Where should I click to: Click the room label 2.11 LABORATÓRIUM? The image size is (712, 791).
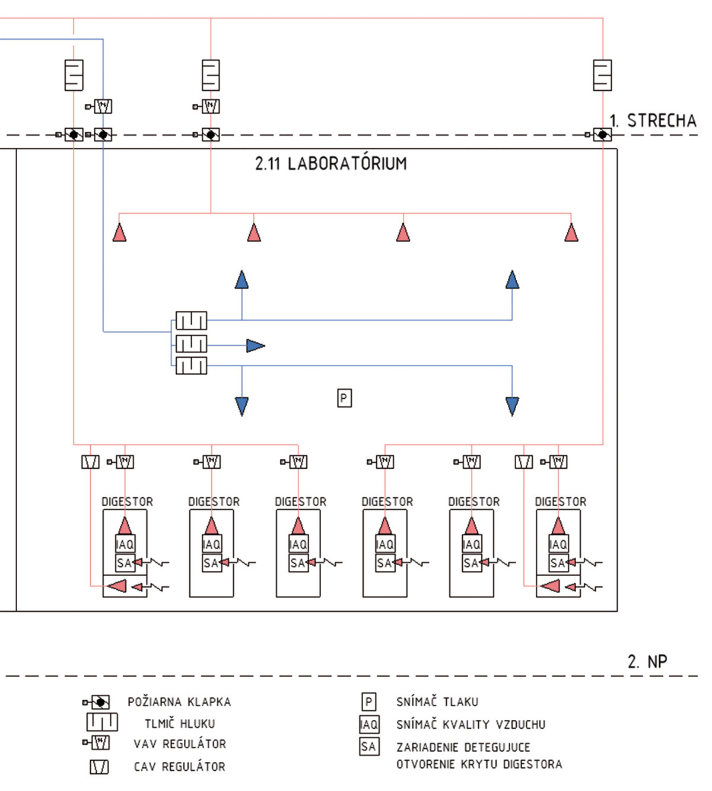331,163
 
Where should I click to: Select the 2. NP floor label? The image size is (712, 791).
647,661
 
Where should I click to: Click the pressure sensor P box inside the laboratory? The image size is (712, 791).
344,398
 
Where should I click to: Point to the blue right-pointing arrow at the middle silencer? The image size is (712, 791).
255,345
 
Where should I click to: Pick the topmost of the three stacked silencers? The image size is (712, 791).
191,320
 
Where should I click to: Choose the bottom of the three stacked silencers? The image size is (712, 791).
191,366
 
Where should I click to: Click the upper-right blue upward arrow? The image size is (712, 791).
512,279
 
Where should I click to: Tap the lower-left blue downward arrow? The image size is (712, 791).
241,406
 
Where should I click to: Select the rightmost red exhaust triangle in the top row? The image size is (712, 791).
571,233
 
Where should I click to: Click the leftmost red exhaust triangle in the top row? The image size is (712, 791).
119,233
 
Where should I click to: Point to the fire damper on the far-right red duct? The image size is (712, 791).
602,135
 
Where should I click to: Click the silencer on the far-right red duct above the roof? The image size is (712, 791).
602,75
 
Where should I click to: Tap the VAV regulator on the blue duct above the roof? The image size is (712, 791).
103,107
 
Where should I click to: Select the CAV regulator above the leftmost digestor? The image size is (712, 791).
90,462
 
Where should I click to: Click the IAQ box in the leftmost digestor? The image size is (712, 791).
125,544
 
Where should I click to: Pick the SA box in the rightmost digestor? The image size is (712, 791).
557,563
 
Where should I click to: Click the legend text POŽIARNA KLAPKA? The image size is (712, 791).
179,702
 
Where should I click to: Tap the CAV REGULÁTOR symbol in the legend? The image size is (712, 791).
99,767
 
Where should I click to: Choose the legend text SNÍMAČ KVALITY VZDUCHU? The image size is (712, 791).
471,725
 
